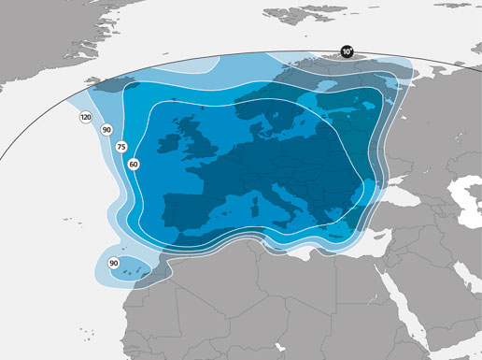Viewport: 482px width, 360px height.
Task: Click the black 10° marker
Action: click(x=347, y=52)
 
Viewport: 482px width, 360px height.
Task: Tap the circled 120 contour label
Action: click(x=86, y=118)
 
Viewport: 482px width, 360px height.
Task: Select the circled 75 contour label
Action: click(x=120, y=148)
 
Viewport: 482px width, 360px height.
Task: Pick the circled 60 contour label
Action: click(x=134, y=164)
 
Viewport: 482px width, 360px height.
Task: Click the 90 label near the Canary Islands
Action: click(x=114, y=263)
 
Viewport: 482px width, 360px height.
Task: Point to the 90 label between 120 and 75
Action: click(x=106, y=130)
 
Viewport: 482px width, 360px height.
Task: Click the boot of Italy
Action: click(x=279, y=201)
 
